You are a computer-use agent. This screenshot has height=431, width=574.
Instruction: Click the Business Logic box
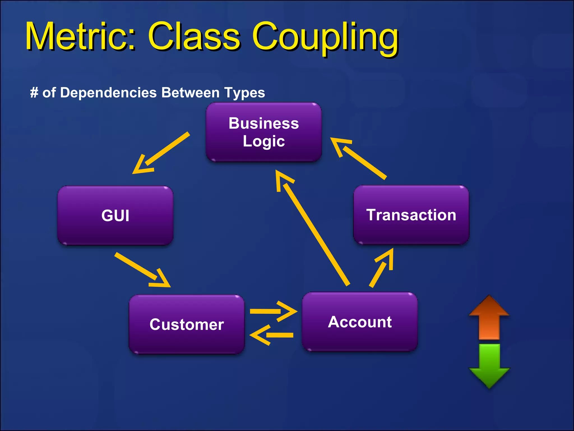(263, 132)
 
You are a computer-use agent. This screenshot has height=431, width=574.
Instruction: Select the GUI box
(115, 215)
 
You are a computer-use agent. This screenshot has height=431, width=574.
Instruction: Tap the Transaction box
(411, 215)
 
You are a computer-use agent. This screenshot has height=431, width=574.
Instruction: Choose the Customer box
(187, 324)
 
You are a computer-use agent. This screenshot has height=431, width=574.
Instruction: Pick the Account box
(360, 322)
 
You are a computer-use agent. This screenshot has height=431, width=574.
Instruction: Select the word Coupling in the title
(325, 38)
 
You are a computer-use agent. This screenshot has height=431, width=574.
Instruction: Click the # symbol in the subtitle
(34, 92)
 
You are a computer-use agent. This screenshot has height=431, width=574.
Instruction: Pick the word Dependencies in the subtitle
(108, 93)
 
